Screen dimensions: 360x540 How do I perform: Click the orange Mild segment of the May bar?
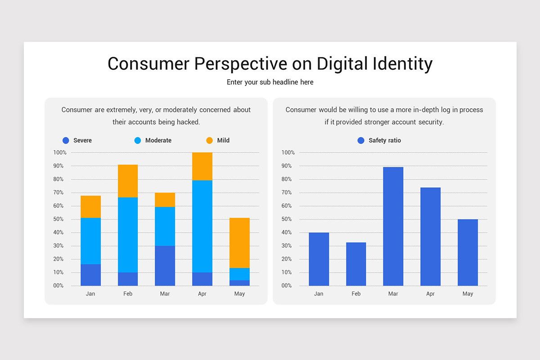coord(239,243)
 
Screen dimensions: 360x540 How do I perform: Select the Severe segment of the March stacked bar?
coord(165,265)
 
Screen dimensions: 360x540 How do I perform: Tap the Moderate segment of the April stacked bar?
coord(202,226)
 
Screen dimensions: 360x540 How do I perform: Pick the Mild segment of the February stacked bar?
coord(128,181)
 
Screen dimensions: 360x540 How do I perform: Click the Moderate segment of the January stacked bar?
coord(91,241)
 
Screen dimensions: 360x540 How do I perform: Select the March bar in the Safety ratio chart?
coord(393,226)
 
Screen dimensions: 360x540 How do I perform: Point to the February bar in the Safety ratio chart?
coord(356,264)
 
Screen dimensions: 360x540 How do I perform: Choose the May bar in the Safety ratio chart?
coord(468,252)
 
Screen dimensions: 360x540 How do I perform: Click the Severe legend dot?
coord(66,140)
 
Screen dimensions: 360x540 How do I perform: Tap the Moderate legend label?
coord(158,140)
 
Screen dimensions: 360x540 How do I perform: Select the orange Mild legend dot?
coord(210,140)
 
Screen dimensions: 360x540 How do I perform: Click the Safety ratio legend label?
coord(385,140)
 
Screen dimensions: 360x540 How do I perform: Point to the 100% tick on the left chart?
coord(60,153)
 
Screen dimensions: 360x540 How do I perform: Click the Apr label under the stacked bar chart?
coord(202,294)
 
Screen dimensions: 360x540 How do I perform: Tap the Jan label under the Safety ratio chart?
coord(319,294)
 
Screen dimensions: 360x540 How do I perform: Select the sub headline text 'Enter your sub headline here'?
coord(270,82)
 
